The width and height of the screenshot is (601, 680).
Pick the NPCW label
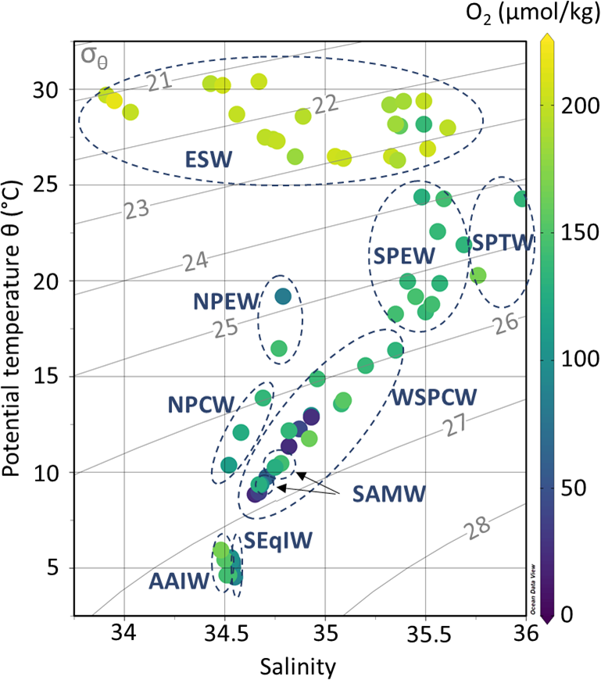[x=201, y=404]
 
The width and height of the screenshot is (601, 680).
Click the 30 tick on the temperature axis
[x=47, y=90]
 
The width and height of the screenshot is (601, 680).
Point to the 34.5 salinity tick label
[x=225, y=632]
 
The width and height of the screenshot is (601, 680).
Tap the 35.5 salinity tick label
[x=426, y=632]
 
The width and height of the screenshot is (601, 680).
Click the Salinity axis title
[x=300, y=666]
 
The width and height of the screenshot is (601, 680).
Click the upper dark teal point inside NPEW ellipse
[x=283, y=296]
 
